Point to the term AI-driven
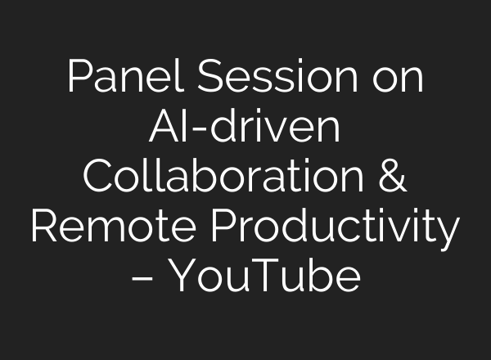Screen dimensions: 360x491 click(x=245, y=128)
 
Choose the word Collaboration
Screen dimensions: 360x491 click(x=216, y=178)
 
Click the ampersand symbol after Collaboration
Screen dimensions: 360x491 click(x=390, y=178)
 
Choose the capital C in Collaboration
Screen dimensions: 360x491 click(x=100, y=178)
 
